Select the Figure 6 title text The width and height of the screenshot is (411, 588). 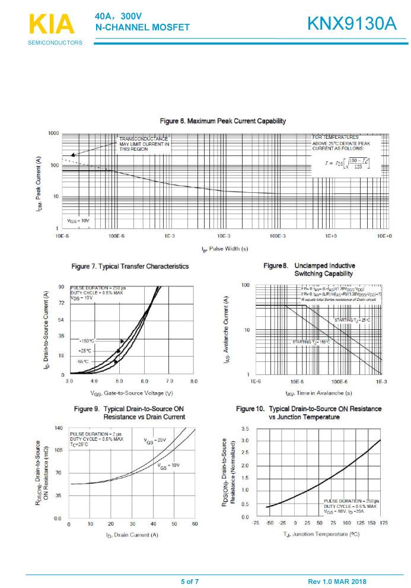[x=223, y=121]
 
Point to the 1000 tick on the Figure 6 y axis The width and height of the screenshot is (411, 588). [x=53, y=134]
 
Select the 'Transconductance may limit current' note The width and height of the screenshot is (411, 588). [x=144, y=144]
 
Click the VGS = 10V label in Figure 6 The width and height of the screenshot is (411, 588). [x=78, y=220]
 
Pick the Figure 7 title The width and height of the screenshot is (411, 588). [x=130, y=266]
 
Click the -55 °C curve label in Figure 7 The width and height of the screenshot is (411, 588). [x=82, y=361]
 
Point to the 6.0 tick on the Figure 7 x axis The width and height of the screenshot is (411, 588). [x=144, y=380]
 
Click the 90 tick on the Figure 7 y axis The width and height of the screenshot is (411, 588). [x=61, y=287]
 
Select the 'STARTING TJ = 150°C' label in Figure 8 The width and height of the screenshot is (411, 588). [x=311, y=342]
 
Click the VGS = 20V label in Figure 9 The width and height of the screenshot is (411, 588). [x=155, y=440]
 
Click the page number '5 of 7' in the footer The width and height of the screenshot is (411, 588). [x=190, y=581]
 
